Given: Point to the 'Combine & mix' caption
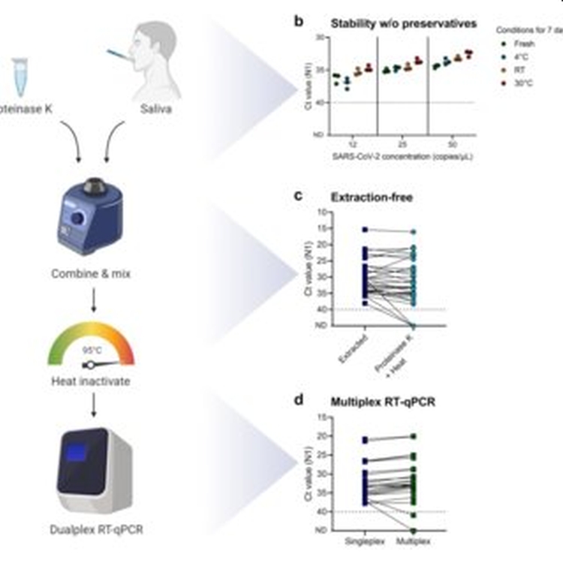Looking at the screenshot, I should [91, 274].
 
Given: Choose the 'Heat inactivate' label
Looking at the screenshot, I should [91, 381].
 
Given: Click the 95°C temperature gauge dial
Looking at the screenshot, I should [91, 350].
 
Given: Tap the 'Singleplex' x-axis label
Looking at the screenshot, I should [365, 540].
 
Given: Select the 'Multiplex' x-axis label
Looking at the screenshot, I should [413, 540].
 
